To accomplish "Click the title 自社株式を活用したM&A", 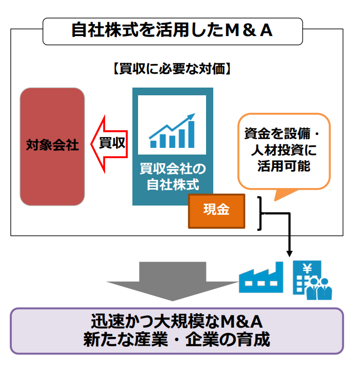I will coord(172,30).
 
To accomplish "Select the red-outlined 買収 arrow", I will coord(108,143).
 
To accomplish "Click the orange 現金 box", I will coord(216,210).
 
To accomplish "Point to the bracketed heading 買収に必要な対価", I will coord(172,69).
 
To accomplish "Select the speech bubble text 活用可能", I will coord(283,167).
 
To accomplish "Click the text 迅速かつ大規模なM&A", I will coord(177,322).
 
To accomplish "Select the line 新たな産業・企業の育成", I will coord(177,340).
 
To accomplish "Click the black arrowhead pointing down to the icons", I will coord(289,253).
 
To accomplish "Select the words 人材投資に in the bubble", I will coord(283,151).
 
